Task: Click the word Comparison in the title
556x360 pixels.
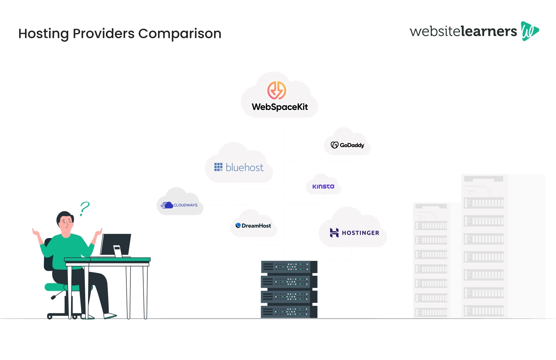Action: point(179,33)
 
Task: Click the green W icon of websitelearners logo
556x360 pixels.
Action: point(529,31)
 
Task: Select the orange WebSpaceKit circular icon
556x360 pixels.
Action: point(276,90)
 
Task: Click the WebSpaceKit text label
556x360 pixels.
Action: point(280,107)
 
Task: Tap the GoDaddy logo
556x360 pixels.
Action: point(347,145)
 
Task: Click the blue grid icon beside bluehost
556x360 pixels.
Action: point(218,167)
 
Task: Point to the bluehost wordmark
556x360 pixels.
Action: point(244,168)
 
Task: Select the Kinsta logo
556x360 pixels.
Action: point(323,186)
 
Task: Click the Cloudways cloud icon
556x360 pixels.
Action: point(167,205)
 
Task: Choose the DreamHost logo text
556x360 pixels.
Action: point(256,226)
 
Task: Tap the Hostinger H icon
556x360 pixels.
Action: point(334,233)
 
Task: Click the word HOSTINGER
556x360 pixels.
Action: point(360,233)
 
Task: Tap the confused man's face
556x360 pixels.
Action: point(66,222)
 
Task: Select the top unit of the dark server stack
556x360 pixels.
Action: point(289,267)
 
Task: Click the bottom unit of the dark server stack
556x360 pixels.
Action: point(289,312)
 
